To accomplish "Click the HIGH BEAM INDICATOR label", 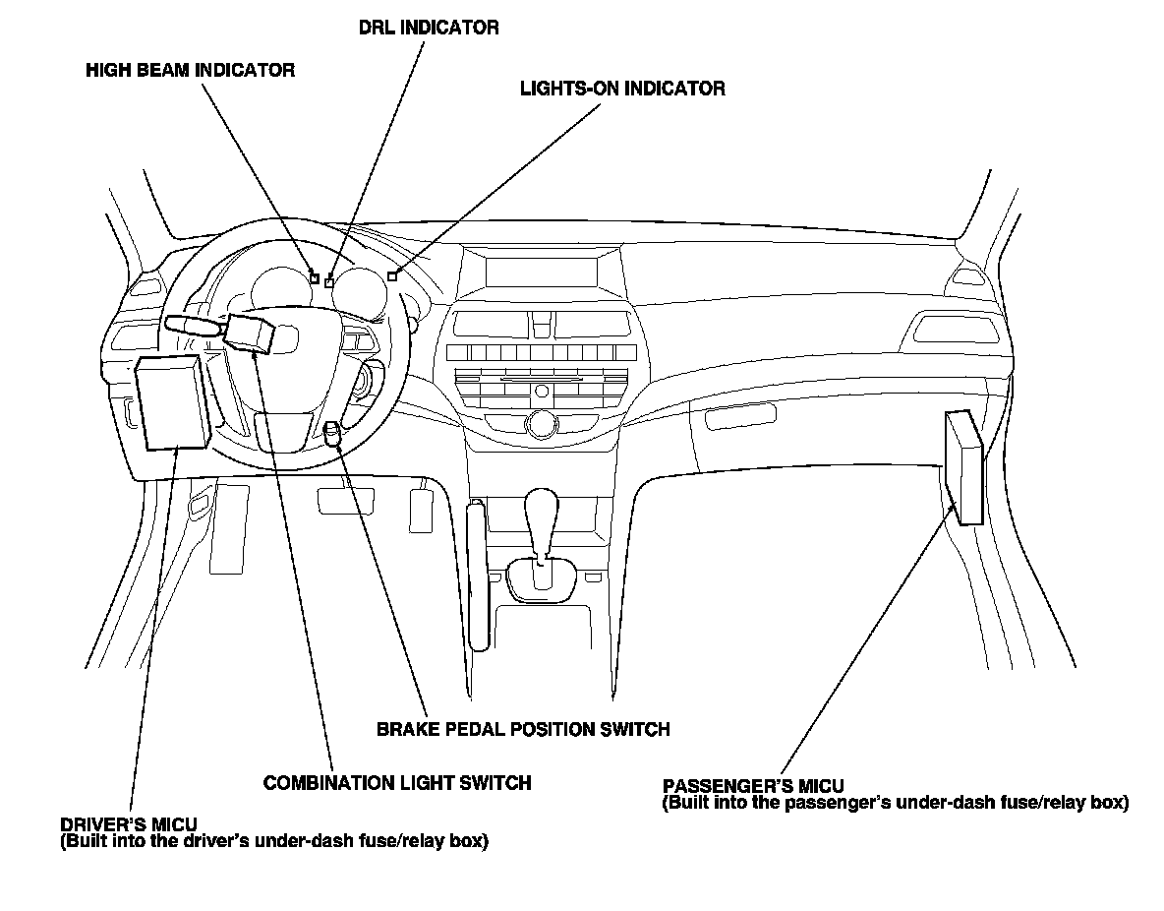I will (x=190, y=71).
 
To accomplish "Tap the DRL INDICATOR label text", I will (x=428, y=28).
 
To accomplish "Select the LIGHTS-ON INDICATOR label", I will (x=622, y=89).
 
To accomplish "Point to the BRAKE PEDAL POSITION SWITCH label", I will (x=523, y=730).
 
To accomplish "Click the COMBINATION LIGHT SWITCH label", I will (x=397, y=783).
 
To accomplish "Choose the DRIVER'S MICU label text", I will (x=129, y=824).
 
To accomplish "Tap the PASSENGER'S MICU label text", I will (x=753, y=787).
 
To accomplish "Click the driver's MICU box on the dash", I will (x=172, y=401).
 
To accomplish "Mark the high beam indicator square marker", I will (x=314, y=278).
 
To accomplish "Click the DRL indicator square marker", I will (x=329, y=283).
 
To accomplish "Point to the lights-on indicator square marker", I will (x=392, y=276).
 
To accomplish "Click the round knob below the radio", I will (x=540, y=425).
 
